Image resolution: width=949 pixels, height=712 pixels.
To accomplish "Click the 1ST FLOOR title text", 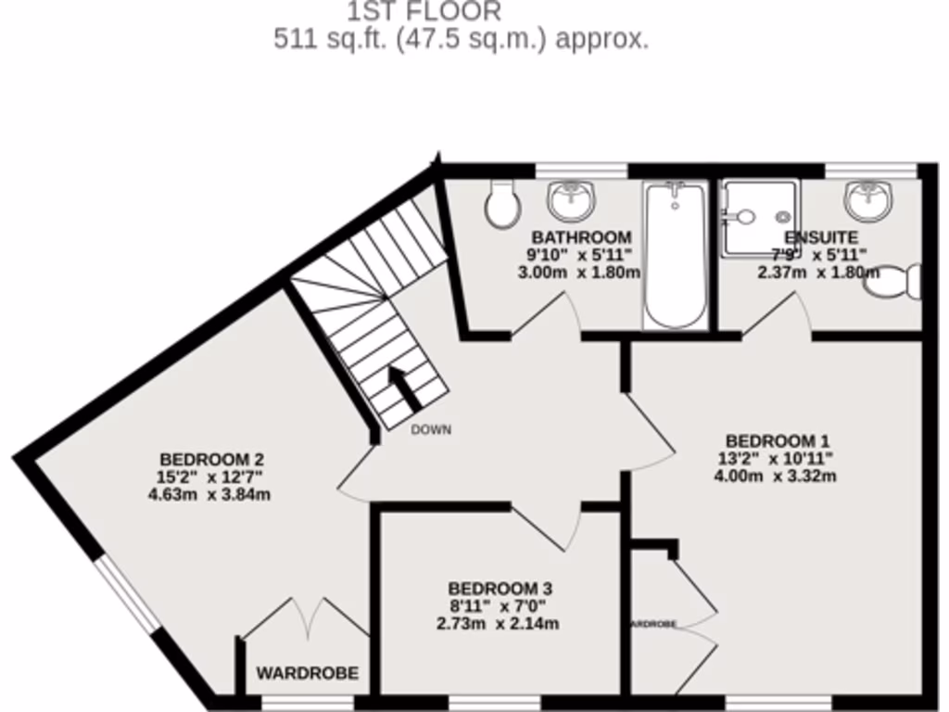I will click(x=424, y=12).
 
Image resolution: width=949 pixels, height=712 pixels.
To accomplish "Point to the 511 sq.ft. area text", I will click(x=461, y=40).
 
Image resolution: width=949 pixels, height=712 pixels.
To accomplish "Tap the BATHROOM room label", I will click(x=581, y=237).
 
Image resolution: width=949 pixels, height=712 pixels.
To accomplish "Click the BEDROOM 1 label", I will click(x=777, y=440).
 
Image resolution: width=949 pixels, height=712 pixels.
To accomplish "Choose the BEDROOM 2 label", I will click(x=212, y=459).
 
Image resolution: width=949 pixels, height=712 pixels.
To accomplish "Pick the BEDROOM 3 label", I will click(x=500, y=589).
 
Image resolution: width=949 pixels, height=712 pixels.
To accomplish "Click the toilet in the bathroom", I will click(x=502, y=205).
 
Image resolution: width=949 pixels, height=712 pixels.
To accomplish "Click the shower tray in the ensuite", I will click(x=760, y=217).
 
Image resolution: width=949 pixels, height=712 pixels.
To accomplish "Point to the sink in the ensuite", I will click(x=868, y=197).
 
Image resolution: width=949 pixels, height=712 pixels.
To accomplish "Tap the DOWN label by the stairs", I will click(x=431, y=430).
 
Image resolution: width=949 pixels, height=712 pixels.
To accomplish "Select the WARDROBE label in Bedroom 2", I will click(x=307, y=674).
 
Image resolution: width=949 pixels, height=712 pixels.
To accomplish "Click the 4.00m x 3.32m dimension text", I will click(x=776, y=477).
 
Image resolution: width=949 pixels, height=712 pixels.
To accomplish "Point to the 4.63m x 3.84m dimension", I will click(x=209, y=495).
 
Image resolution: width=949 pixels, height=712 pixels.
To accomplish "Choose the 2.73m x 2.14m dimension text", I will click(x=498, y=624).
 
